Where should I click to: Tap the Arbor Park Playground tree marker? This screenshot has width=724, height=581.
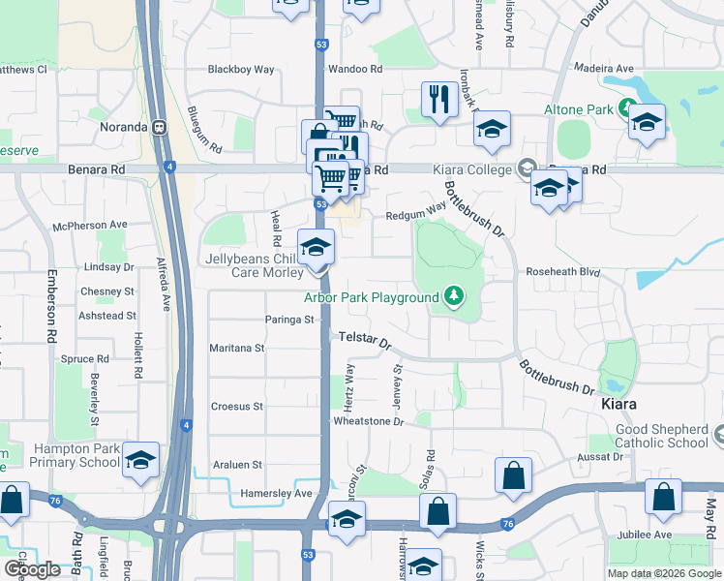click(x=452, y=296)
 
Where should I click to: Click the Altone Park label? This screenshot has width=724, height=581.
click(x=579, y=109)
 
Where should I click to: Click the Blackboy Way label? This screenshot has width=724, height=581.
click(x=242, y=70)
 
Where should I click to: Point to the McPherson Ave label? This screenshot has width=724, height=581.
click(x=91, y=225)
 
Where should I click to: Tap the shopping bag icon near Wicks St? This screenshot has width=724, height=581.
click(x=513, y=475)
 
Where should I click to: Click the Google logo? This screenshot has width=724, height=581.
click(x=32, y=569)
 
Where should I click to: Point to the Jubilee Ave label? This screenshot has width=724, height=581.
click(x=648, y=535)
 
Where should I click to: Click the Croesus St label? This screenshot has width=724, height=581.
click(x=236, y=407)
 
